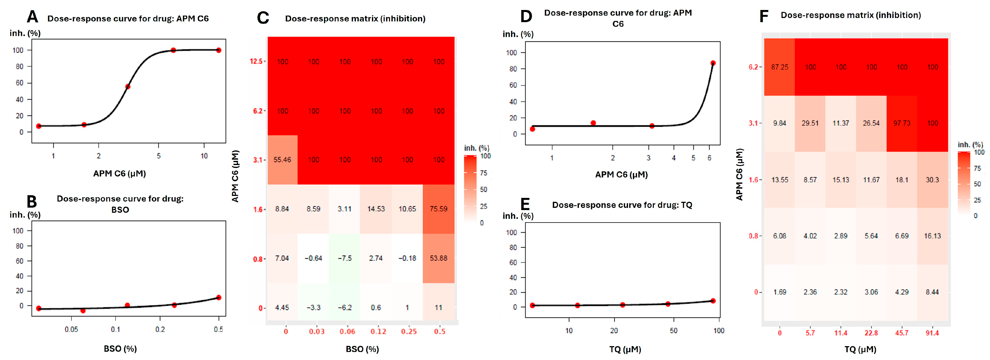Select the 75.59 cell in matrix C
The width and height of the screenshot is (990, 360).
(438, 209)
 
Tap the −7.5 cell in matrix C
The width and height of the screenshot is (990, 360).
(345, 258)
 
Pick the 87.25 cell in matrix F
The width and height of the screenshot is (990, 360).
(779, 67)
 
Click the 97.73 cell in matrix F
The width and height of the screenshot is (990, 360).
(902, 123)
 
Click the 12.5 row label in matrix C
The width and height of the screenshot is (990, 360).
(256, 62)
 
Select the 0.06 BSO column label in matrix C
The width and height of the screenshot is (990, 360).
(347, 332)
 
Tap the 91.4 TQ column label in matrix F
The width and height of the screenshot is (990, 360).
(932, 333)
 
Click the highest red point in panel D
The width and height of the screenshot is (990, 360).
(713, 63)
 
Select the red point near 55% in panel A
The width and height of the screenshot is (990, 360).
(128, 86)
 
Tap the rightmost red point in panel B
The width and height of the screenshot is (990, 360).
(219, 297)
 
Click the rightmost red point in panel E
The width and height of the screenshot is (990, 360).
(713, 301)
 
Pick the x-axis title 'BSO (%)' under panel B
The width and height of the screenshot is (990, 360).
(120, 349)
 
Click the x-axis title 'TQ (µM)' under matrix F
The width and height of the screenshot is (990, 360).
(860, 350)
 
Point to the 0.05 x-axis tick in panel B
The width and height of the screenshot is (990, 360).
(71, 330)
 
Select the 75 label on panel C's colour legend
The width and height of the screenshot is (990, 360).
(484, 173)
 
